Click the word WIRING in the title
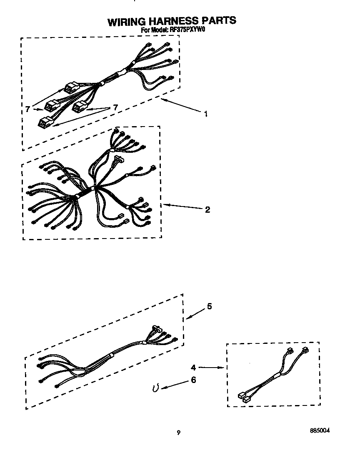126,22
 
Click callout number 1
205,114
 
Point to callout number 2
207,209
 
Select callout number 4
193,367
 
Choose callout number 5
209,306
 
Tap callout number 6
193,380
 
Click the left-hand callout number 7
27,109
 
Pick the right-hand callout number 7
115,108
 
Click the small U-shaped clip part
155,388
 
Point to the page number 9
178,433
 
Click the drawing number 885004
320,430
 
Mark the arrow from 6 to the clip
174,384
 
